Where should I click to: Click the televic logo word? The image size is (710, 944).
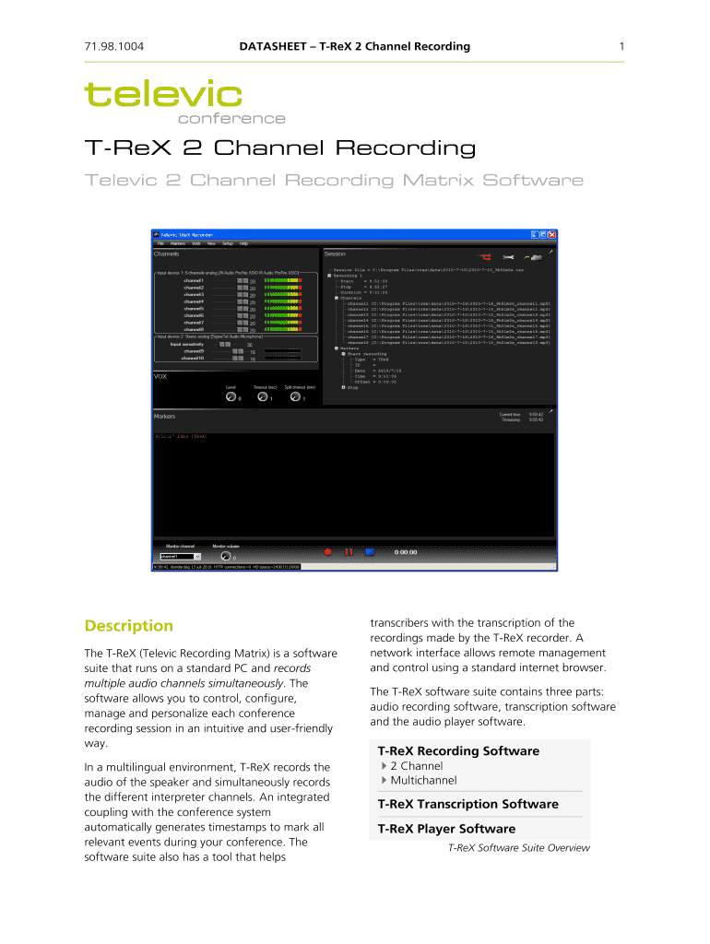tap(163, 93)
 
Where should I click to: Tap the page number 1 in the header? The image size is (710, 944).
tap(622, 46)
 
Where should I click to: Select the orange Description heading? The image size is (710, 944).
tap(128, 626)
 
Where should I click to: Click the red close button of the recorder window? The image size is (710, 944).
tap(551, 235)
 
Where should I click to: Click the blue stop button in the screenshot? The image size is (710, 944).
tap(369, 551)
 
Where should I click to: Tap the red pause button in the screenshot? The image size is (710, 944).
tap(349, 551)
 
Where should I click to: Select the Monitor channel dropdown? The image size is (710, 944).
tap(179, 557)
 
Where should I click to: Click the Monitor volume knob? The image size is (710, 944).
tap(225, 556)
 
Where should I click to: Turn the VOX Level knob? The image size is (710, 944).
tap(231, 396)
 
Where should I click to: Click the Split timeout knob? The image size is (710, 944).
tap(295, 396)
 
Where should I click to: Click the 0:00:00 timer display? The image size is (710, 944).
tap(406, 551)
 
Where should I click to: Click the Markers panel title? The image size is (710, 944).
tap(164, 417)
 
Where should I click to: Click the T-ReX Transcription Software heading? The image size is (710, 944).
tap(467, 804)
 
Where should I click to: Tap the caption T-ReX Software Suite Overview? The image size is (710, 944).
tap(518, 848)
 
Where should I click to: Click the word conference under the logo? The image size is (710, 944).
tap(231, 118)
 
